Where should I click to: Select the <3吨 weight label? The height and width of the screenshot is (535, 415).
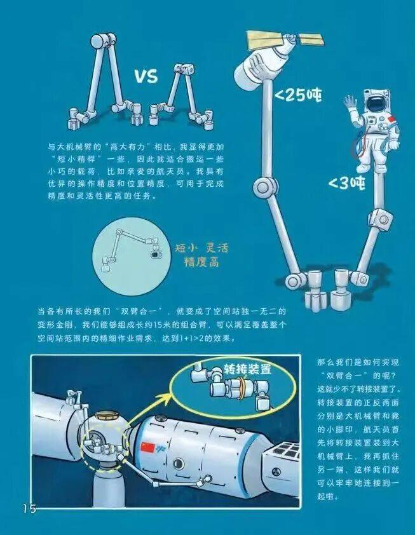tap(347, 184)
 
